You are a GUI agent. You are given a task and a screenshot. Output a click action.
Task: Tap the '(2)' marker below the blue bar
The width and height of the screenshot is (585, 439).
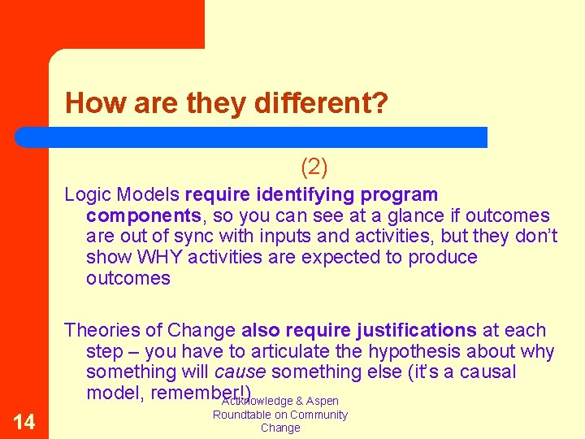pyautogui.click(x=314, y=167)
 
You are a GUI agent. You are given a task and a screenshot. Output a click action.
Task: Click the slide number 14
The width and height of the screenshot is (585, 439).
pyautogui.click(x=24, y=421)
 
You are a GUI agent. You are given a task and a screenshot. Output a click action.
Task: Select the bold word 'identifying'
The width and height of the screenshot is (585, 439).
pyautogui.click(x=301, y=195)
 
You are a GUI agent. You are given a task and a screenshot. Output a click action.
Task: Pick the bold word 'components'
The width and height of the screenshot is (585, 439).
pyautogui.click(x=143, y=216)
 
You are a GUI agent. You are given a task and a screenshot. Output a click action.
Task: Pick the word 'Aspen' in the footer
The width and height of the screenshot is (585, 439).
pyautogui.click(x=323, y=402)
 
